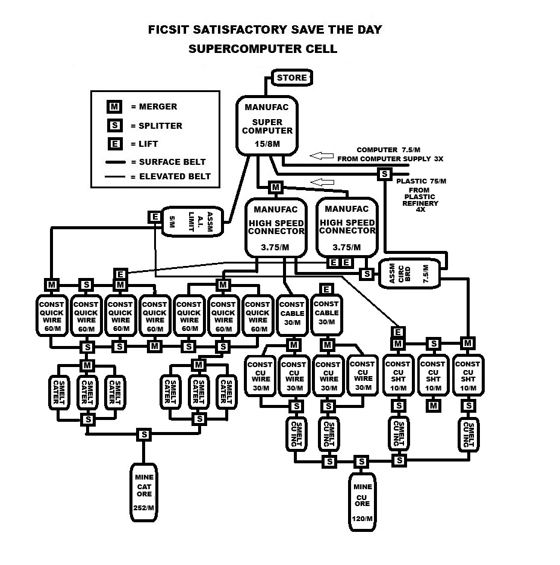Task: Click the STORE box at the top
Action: tap(291, 78)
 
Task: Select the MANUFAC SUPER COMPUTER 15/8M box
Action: tap(267, 126)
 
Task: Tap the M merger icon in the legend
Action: tap(114, 107)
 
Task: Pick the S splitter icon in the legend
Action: tap(114, 125)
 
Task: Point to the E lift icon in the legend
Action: tap(114, 144)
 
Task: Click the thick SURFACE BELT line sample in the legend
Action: tap(116, 162)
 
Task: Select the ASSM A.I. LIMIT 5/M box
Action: tap(192, 221)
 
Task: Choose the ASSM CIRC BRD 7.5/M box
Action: tap(409, 274)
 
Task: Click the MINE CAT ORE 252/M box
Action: tap(144, 492)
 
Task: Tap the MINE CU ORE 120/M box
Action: tap(362, 502)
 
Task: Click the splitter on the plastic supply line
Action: tap(385, 174)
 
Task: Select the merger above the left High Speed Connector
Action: tap(276, 187)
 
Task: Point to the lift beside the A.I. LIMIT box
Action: tap(155, 217)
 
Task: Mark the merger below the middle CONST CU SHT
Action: tap(433, 406)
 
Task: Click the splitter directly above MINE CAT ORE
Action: tap(144, 434)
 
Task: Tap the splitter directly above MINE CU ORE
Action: tap(361, 462)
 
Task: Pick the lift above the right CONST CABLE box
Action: tap(326, 289)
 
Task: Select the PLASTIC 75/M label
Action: tap(421, 181)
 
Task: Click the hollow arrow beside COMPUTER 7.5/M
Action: tap(322, 156)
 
